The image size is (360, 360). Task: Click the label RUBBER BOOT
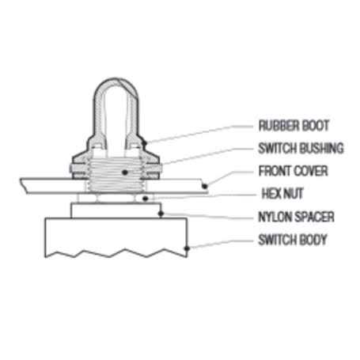tap(294, 126)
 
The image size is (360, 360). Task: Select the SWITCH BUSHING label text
tap(301, 148)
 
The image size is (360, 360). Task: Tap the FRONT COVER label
tap(293, 171)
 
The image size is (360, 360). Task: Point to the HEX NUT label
tap(282, 194)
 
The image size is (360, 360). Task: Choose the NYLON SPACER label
tap(296, 217)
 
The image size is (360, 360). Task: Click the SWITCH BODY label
tap(293, 240)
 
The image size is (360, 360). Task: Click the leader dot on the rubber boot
tap(144, 143)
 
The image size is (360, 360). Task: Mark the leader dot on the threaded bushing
tap(125, 172)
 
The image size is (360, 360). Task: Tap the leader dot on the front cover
tap(205, 186)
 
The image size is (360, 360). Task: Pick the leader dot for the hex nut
tap(146, 199)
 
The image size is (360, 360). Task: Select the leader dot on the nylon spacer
tap(161, 214)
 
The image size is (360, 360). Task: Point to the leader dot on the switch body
tap(187, 248)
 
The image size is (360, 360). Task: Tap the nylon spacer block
tap(116, 210)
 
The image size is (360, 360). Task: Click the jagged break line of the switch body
tap(116, 252)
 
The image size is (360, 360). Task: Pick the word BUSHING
tap(322, 148)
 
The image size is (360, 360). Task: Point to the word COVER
tap(311, 171)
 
